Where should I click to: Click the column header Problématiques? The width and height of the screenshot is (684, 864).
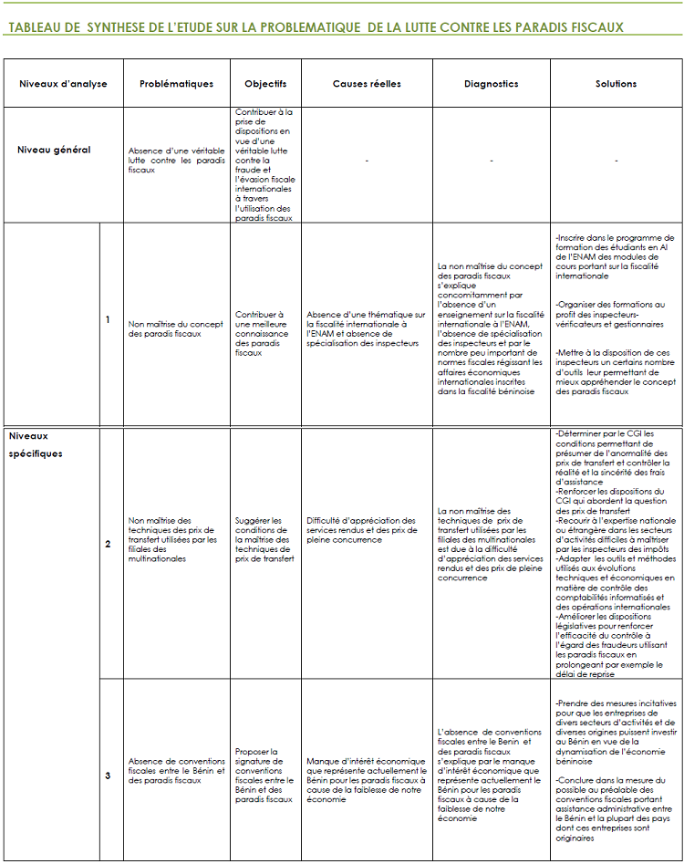point(176,84)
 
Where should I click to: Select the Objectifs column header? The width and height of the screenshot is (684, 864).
point(265,84)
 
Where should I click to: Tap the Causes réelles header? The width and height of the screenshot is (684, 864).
point(367,84)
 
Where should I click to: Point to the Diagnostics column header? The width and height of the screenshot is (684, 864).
point(491,84)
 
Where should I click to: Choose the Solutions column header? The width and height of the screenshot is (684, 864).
point(616,84)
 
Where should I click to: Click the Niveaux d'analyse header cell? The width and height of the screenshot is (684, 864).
point(63,84)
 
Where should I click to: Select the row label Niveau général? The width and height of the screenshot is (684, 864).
point(54,150)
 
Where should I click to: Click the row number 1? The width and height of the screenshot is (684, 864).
point(108,319)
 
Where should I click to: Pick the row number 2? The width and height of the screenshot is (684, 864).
point(108,544)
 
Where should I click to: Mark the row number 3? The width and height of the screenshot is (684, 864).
point(108,776)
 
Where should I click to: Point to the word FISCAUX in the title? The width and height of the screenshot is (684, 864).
point(591,27)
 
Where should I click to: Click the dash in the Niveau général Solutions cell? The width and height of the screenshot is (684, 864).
point(616,161)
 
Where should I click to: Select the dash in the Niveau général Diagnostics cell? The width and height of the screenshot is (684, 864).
point(491,161)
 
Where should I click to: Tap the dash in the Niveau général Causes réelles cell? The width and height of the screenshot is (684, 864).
point(367,161)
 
